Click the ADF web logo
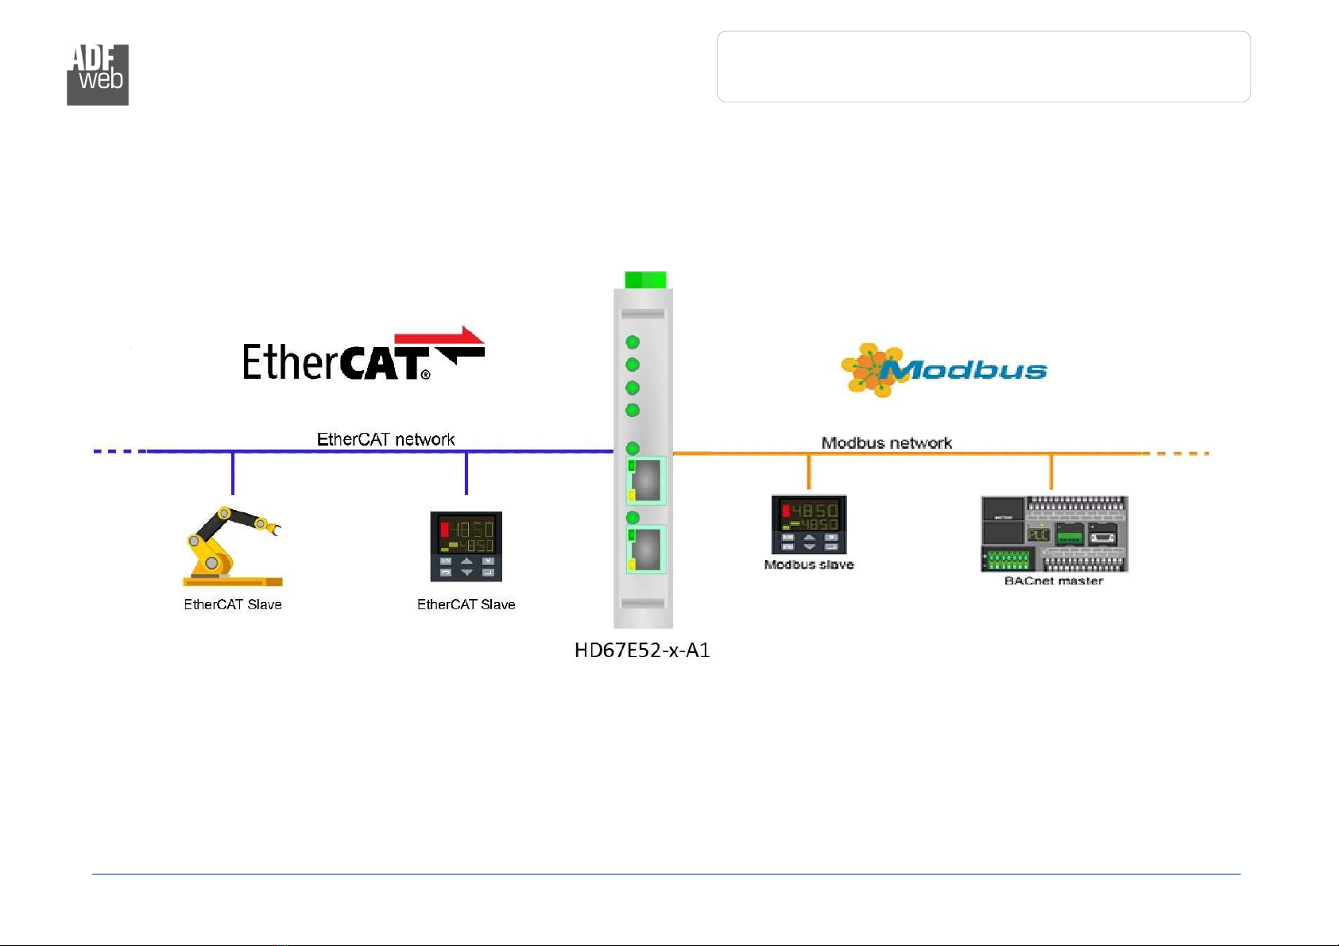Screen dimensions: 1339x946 pos(98,75)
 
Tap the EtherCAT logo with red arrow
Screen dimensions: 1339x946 pos(363,353)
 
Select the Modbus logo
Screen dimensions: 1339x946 pos(944,370)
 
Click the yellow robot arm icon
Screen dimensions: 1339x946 pos(233,546)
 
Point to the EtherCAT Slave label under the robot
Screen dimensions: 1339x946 pos(233,604)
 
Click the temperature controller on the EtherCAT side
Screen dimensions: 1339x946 pos(466,546)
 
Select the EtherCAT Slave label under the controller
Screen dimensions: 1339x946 pos(466,604)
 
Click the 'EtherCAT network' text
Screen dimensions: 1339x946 pos(385,439)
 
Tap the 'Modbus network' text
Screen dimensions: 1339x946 pos(887,443)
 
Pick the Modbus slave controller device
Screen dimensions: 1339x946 pos(809,525)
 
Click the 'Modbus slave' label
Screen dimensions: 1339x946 pos(809,565)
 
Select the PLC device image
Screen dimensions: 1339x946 pos(1055,534)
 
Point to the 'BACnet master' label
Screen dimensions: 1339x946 pos(1053,581)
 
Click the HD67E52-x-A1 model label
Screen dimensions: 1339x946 pos(642,651)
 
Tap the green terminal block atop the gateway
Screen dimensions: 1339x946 pos(645,280)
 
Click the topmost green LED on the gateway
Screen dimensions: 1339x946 pos(633,342)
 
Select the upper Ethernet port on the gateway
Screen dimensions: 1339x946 pos(645,481)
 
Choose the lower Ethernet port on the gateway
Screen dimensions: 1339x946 pos(645,549)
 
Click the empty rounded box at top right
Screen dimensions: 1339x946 pos(983,67)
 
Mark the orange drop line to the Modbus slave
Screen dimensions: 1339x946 pos(809,472)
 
